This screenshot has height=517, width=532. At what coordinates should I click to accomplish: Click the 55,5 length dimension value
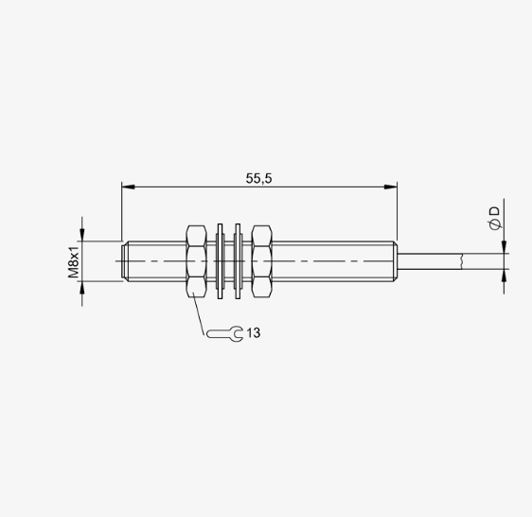pyautogui.click(x=258, y=178)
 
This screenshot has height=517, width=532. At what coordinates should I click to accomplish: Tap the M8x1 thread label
pyautogui.click(x=74, y=262)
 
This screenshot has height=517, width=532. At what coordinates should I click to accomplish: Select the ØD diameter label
pyautogui.click(x=495, y=219)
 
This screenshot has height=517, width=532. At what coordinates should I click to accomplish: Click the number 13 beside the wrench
pyautogui.click(x=254, y=333)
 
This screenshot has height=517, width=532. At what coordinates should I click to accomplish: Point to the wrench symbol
pyautogui.click(x=225, y=334)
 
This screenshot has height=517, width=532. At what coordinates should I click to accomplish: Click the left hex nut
pyautogui.click(x=196, y=261)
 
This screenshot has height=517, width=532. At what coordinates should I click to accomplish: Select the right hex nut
pyautogui.click(x=261, y=261)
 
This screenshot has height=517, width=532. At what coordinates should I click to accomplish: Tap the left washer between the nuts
pyautogui.click(x=220, y=261)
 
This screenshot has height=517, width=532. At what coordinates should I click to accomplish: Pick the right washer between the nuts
pyautogui.click(x=238, y=261)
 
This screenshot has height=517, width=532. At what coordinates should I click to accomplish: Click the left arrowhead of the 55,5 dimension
pyautogui.click(x=128, y=187)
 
